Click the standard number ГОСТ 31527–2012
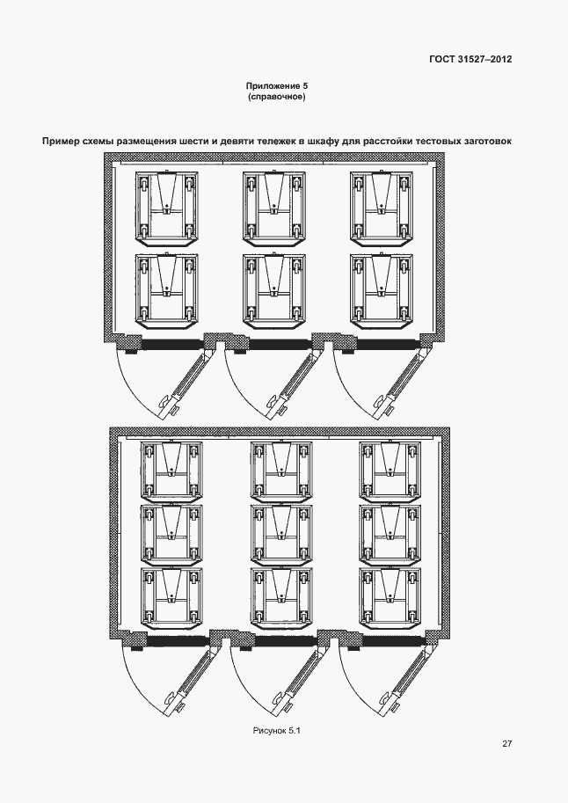click(x=470, y=59)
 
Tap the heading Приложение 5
click(x=276, y=86)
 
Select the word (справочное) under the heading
click(x=276, y=97)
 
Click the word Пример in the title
click(x=60, y=141)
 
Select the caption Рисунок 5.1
click(x=277, y=731)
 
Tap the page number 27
click(x=507, y=743)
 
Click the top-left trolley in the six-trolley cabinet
click(x=166, y=206)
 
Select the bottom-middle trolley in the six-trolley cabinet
click(x=274, y=290)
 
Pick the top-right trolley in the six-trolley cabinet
click(x=382, y=206)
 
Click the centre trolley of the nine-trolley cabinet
click(x=281, y=534)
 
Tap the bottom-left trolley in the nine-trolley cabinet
click(x=171, y=597)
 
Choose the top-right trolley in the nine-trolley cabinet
click(x=390, y=471)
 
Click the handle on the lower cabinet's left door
click(x=171, y=698)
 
